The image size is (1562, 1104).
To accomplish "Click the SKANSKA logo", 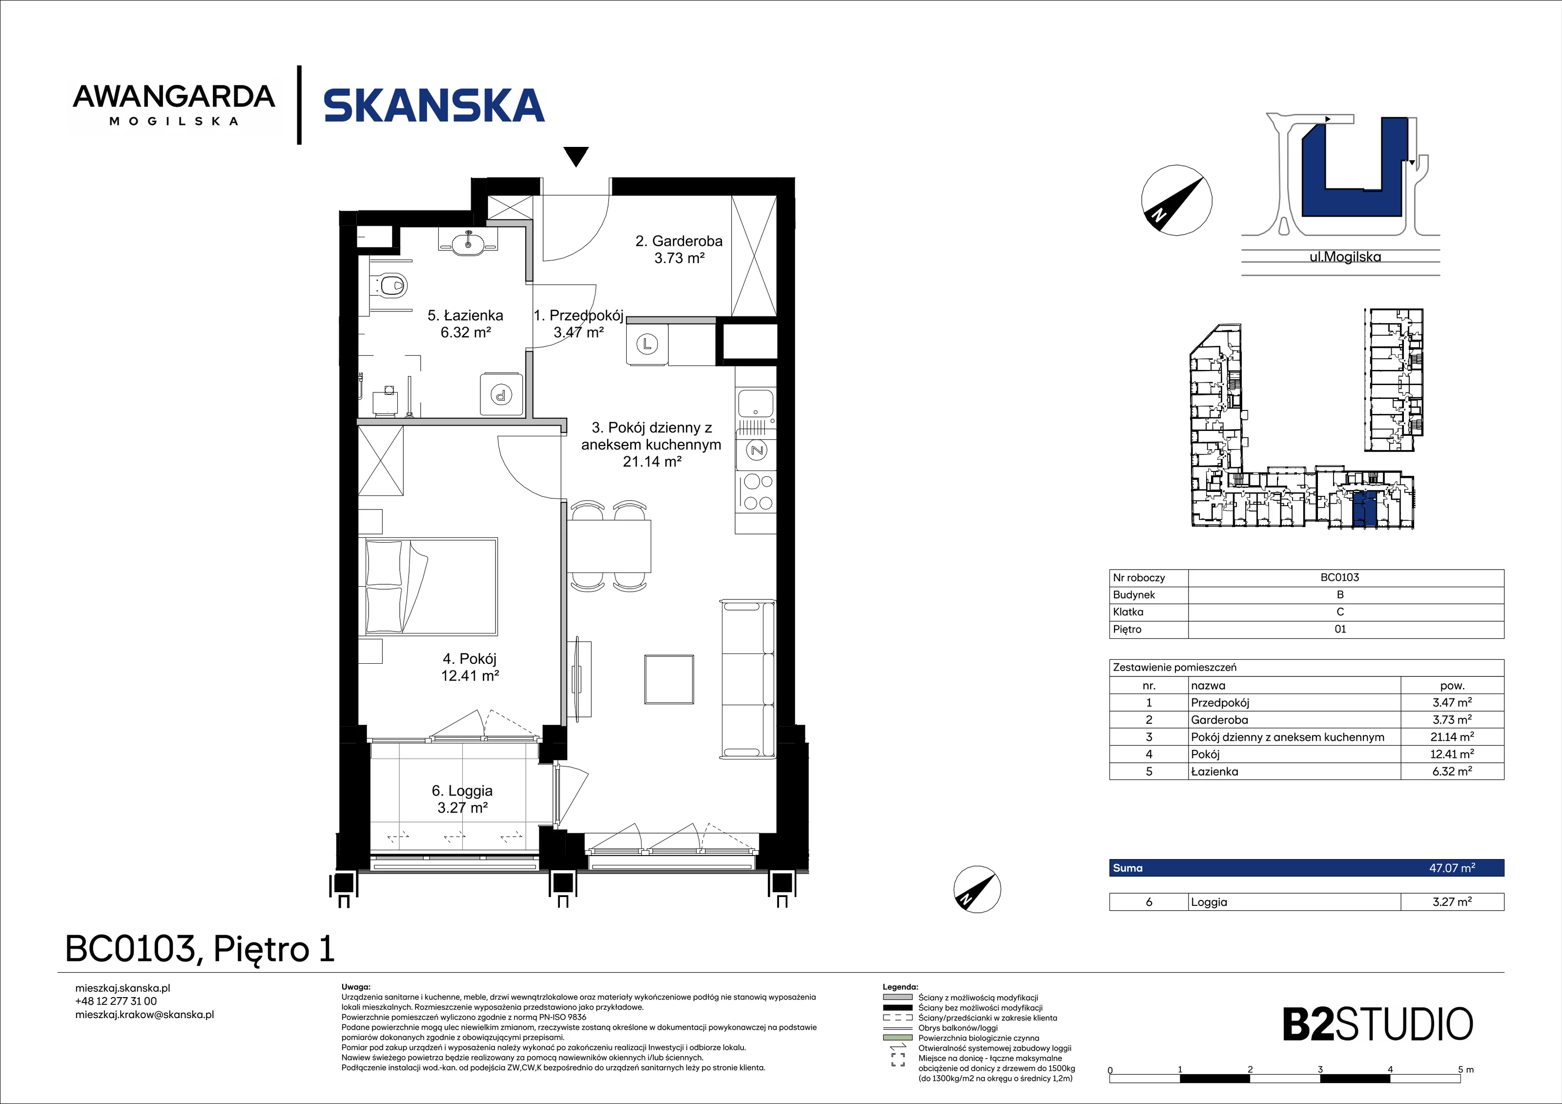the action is click(434, 105).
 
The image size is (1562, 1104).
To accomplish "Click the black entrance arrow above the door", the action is click(576, 157).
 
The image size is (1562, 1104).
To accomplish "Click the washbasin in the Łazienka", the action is click(468, 242).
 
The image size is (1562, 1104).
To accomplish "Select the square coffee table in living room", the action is click(669, 679).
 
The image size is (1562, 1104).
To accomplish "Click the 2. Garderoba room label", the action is click(679, 249).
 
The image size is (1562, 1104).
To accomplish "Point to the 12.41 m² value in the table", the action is click(1452, 754).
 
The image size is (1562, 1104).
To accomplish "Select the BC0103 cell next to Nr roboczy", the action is click(1339, 577).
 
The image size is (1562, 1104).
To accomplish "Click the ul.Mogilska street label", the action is click(1345, 257).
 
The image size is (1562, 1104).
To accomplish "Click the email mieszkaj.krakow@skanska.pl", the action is click(144, 1014).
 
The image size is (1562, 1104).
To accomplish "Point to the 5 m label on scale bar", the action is click(1465, 1069).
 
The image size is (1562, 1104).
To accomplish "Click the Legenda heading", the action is click(900, 986).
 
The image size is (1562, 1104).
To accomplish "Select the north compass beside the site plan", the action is click(1176, 200).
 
